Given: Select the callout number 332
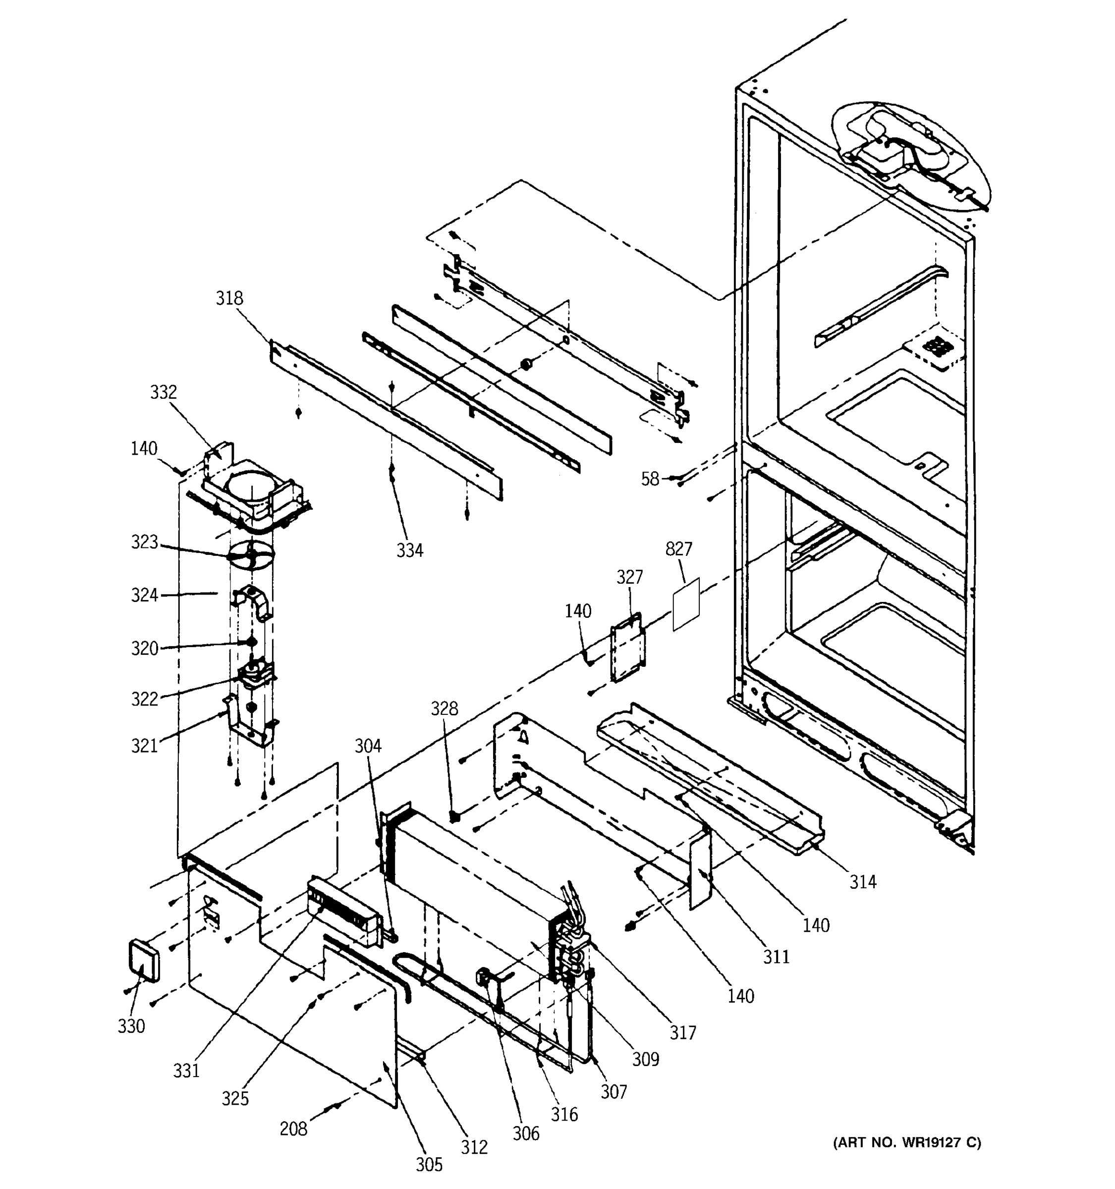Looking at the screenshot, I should click(x=164, y=392).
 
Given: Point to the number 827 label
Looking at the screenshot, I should click(x=678, y=548).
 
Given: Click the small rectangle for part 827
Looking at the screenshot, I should click(x=686, y=604).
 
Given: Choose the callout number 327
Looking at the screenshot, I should click(x=629, y=577).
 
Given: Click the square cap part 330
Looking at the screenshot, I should click(x=144, y=960).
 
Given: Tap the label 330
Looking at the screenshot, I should click(x=131, y=1027).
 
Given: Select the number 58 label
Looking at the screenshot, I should click(x=650, y=479).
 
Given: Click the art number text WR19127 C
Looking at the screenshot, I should click(x=907, y=1143).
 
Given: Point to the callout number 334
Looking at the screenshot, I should click(x=410, y=550).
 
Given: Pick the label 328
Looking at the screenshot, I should click(x=445, y=709).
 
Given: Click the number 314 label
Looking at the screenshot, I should click(x=863, y=881).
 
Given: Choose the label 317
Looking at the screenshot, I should click(x=682, y=1033).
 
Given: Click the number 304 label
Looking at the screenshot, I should click(x=368, y=746).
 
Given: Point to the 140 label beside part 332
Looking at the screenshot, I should click(x=144, y=448).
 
